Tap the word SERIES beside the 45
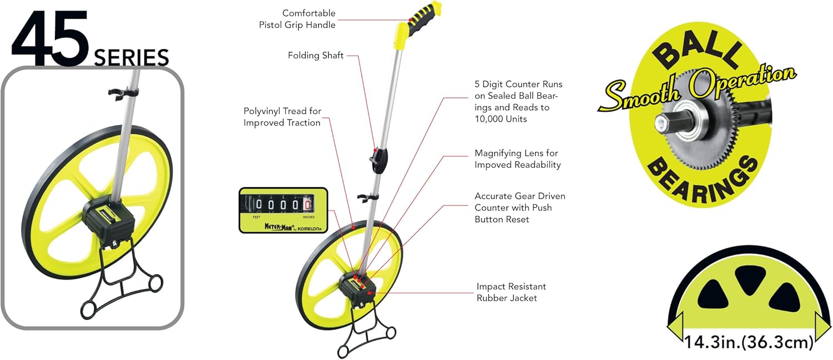point(131,58)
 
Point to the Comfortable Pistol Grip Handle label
point(297,19)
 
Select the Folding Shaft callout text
point(315,56)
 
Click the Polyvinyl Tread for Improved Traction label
point(282,117)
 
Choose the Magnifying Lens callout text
point(516,159)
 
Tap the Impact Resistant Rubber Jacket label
point(511,292)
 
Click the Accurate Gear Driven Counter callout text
point(520,208)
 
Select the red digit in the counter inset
point(307,205)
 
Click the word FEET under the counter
point(257,217)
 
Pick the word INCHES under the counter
point(309,217)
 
